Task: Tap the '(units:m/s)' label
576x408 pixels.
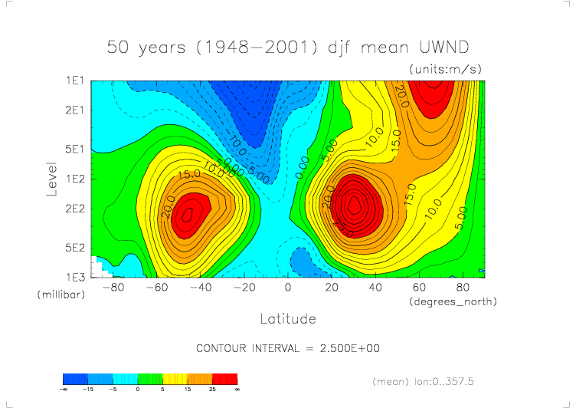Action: (x=445, y=69)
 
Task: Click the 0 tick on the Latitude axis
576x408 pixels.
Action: (x=288, y=288)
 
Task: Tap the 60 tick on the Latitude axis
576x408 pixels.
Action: (x=419, y=288)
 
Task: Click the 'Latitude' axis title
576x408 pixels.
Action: (x=288, y=318)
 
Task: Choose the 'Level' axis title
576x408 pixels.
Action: (x=52, y=178)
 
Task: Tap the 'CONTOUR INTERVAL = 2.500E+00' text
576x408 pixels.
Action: (x=288, y=348)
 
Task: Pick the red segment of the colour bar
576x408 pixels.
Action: (x=224, y=379)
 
